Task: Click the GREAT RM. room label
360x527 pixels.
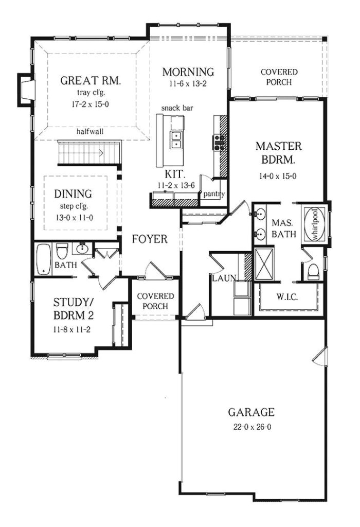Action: point(91,80)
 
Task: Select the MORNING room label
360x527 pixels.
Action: point(188,72)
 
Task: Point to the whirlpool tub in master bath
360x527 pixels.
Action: point(314,224)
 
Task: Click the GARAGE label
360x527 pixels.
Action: point(251,412)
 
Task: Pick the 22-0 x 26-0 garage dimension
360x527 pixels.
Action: point(251,427)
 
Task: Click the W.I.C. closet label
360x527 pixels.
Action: point(288,297)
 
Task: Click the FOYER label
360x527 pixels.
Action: point(150,239)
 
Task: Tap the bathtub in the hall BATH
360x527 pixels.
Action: point(44,259)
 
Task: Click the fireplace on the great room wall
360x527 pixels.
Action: point(26,90)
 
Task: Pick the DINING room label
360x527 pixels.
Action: point(73,194)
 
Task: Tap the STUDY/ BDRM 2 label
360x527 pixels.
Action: point(73,308)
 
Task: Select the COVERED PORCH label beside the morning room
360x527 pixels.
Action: point(279,77)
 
